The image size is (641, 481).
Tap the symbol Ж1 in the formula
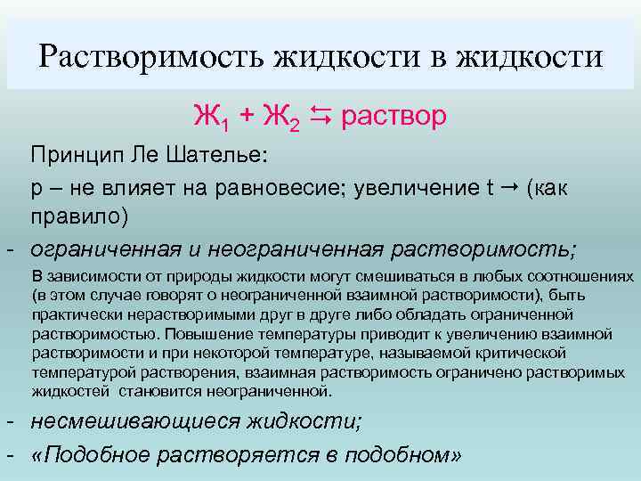pyautogui.click(x=208, y=117)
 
